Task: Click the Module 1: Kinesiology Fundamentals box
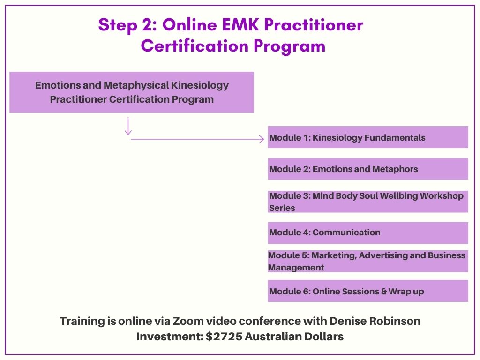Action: point(368,137)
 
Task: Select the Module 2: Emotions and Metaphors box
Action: point(368,169)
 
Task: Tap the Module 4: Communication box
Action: point(368,232)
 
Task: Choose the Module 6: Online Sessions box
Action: point(368,291)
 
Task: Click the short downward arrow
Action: point(128,126)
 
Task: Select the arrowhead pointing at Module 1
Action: point(262,139)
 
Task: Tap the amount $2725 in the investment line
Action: point(224,337)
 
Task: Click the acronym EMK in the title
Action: point(240,24)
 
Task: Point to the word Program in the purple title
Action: point(289,46)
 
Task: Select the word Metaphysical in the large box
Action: point(136,85)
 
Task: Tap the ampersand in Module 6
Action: point(384,292)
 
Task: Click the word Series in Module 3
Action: point(282,208)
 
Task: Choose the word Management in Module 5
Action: point(296,268)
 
